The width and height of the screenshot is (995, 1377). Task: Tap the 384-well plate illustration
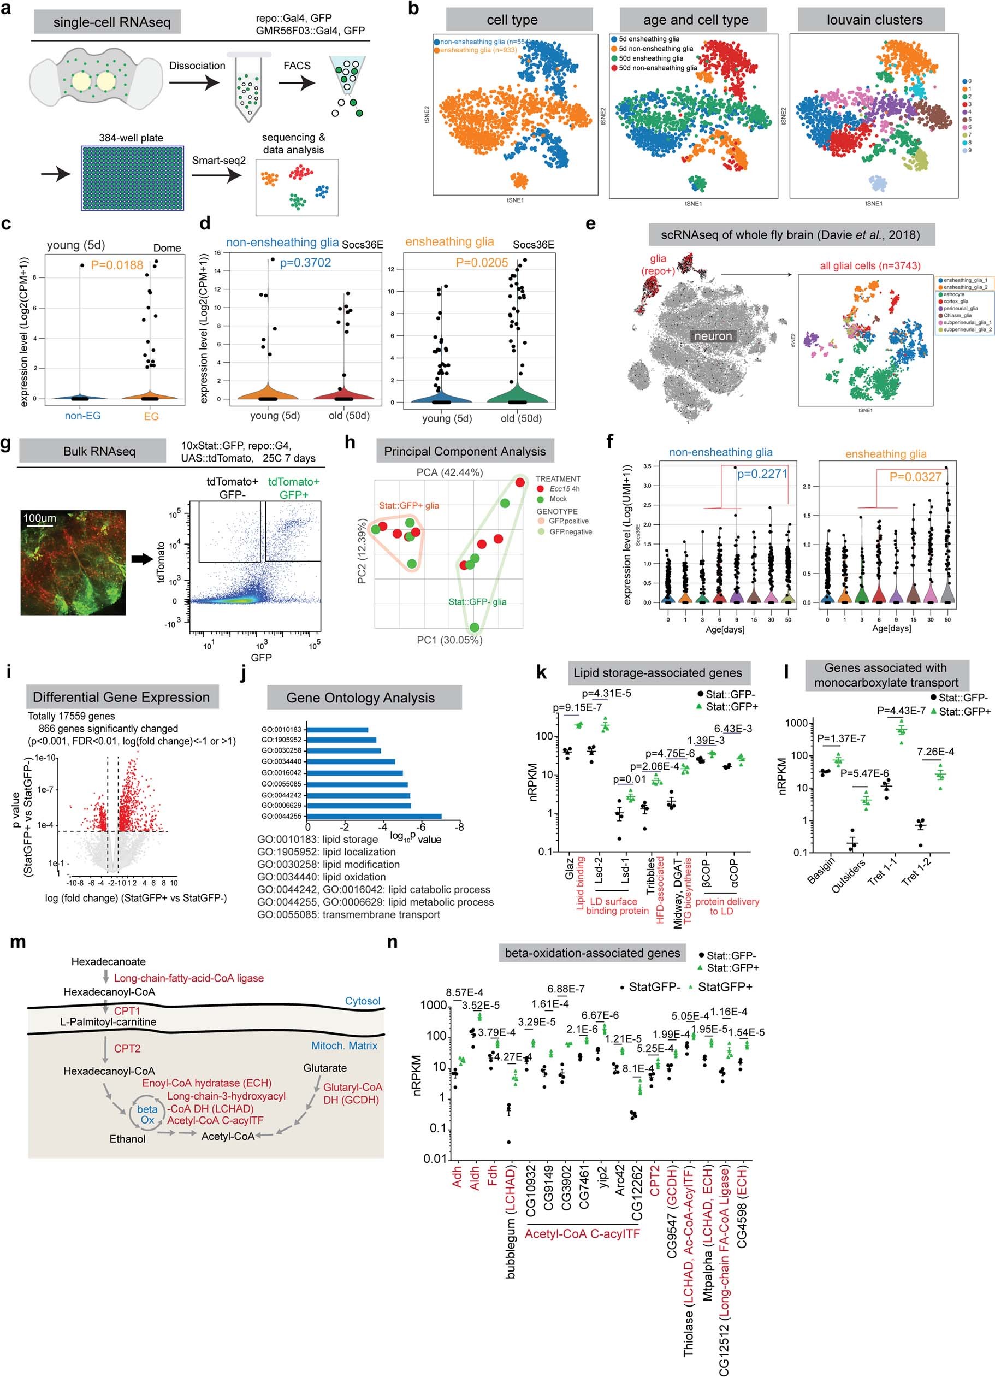pos(132,178)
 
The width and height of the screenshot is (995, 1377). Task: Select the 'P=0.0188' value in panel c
pos(117,265)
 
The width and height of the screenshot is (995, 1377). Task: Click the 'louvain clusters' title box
pos(874,20)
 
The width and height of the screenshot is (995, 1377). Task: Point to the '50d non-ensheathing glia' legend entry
pos(658,68)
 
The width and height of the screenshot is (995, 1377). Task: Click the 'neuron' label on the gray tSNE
pos(713,336)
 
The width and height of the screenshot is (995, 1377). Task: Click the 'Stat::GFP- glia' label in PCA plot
pos(477,602)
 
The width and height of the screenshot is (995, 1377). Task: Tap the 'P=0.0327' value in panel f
pos(915,477)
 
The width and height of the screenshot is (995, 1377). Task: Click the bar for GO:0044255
pos(375,817)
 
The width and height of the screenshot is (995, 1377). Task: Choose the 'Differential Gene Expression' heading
pos(121,697)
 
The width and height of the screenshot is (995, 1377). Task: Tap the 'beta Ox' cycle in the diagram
pos(147,1114)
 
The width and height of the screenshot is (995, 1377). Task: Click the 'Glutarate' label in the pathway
pos(325,1068)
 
